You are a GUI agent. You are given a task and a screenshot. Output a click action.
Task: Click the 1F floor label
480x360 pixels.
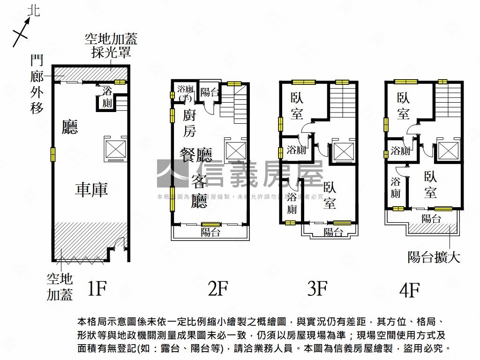(x=97, y=289)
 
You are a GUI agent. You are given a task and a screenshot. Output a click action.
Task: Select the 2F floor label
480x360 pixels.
(x=217, y=289)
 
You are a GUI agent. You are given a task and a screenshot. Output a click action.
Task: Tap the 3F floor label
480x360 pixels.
(x=317, y=289)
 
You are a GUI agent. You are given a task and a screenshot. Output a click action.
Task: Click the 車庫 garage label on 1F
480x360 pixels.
(x=91, y=189)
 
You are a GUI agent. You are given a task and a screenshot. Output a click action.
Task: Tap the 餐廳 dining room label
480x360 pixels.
(x=196, y=154)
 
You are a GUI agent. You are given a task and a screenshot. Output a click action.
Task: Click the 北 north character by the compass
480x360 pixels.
(x=34, y=10)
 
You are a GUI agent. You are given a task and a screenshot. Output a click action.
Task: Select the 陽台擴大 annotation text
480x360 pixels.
(x=434, y=257)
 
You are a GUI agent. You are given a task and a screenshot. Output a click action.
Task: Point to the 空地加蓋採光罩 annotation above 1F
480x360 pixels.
(x=111, y=45)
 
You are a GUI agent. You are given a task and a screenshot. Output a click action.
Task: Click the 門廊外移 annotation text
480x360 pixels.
(x=37, y=84)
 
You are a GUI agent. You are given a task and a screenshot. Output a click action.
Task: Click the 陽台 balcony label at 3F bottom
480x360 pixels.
(x=332, y=232)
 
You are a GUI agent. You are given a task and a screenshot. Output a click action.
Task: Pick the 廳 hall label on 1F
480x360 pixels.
(x=70, y=127)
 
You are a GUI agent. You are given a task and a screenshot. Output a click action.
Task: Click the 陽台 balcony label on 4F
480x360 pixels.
(x=431, y=218)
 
